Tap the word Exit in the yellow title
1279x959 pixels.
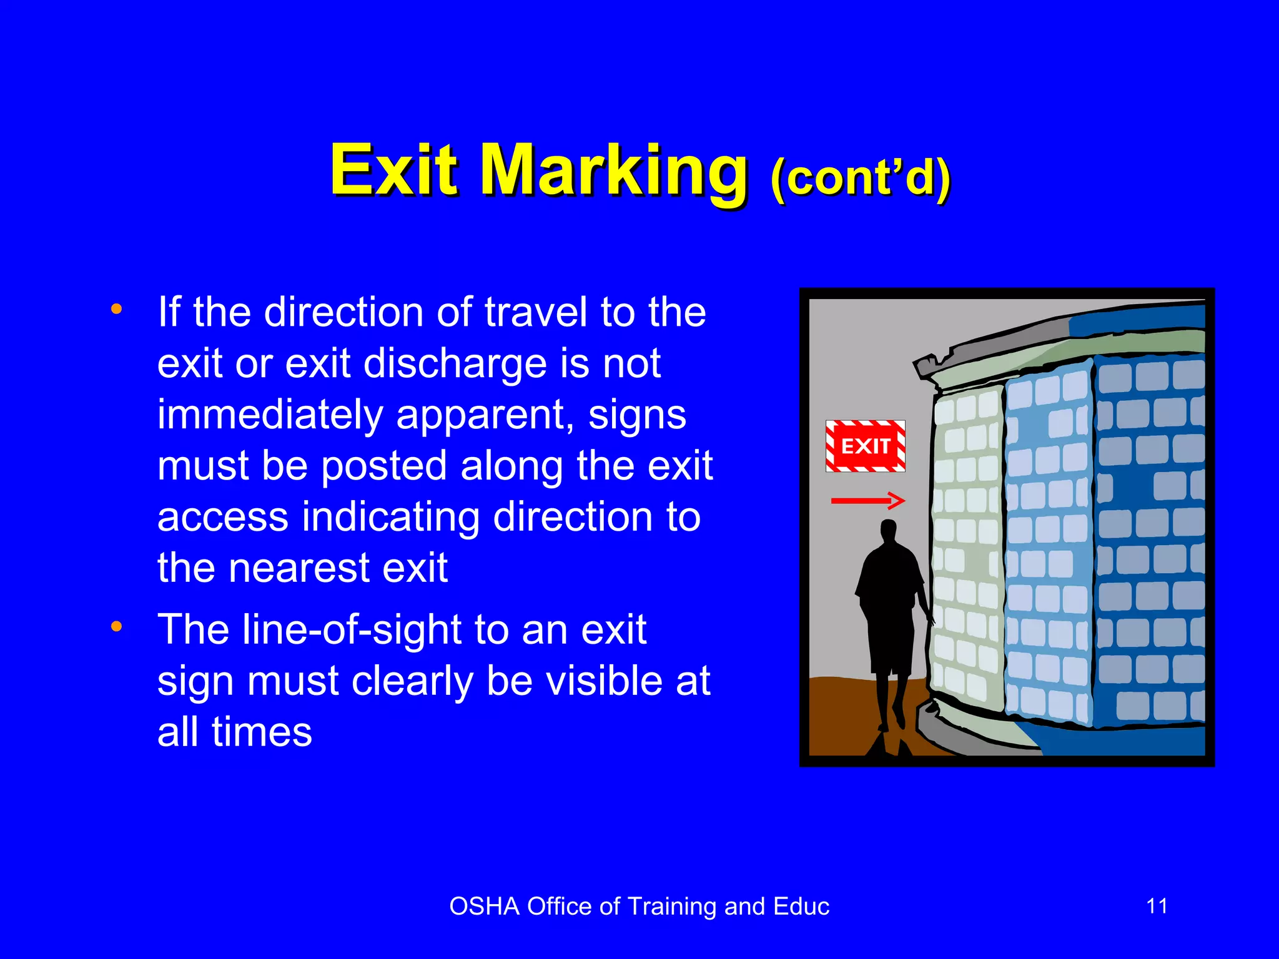point(394,170)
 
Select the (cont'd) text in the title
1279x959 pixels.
point(861,178)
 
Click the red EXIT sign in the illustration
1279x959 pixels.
point(865,446)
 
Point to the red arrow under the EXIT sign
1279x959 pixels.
point(867,500)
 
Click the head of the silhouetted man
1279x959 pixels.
point(888,533)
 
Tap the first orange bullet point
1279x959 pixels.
point(116,309)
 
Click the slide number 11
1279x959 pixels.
point(1157,906)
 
